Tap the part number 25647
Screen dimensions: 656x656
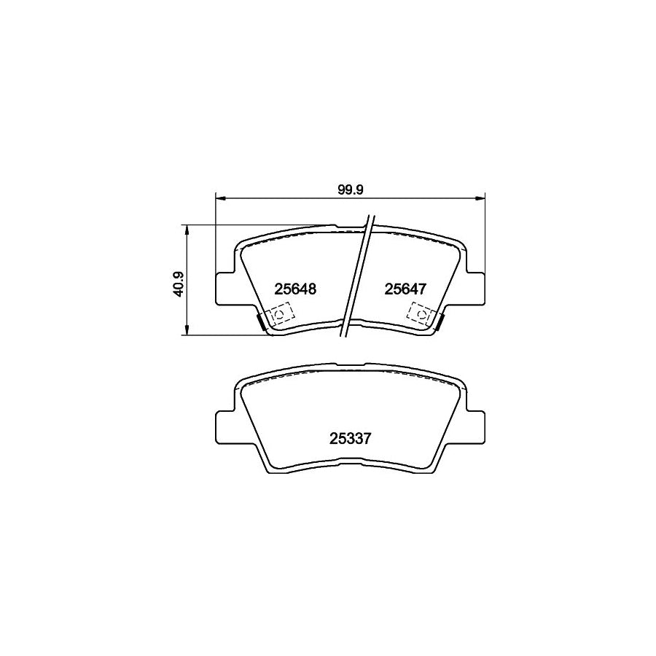click(x=405, y=289)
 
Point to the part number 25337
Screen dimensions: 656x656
click(x=351, y=439)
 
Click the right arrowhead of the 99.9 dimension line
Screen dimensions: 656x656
click(x=480, y=197)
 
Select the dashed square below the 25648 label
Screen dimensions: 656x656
click(x=279, y=316)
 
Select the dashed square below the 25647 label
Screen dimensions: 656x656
click(x=421, y=316)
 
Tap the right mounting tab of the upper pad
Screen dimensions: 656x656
click(x=476, y=288)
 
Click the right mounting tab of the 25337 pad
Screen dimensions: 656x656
click(x=476, y=426)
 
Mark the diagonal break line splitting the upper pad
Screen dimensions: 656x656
click(x=359, y=277)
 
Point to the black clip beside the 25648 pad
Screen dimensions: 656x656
click(x=260, y=320)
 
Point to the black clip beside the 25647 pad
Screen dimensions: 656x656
click(x=440, y=320)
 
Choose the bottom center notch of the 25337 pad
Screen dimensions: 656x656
click(x=351, y=461)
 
